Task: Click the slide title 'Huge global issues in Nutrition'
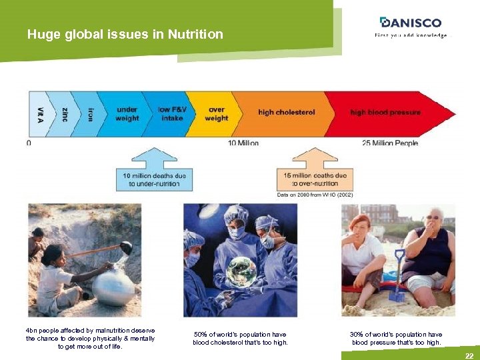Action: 125,34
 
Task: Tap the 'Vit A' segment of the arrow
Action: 39,114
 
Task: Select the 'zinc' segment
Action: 64,114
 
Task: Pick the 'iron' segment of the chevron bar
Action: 89,114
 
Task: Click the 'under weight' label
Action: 127,114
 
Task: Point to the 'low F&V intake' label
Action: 171,114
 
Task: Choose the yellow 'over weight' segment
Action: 216,114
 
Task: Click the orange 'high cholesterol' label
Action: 286,113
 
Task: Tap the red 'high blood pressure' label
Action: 385,113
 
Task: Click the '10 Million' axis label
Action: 243,143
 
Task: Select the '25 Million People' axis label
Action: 390,143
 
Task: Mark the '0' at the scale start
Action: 29,143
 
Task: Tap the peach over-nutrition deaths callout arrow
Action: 315,172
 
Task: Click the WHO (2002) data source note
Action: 315,195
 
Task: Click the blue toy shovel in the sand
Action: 399,277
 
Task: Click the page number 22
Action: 469,356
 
